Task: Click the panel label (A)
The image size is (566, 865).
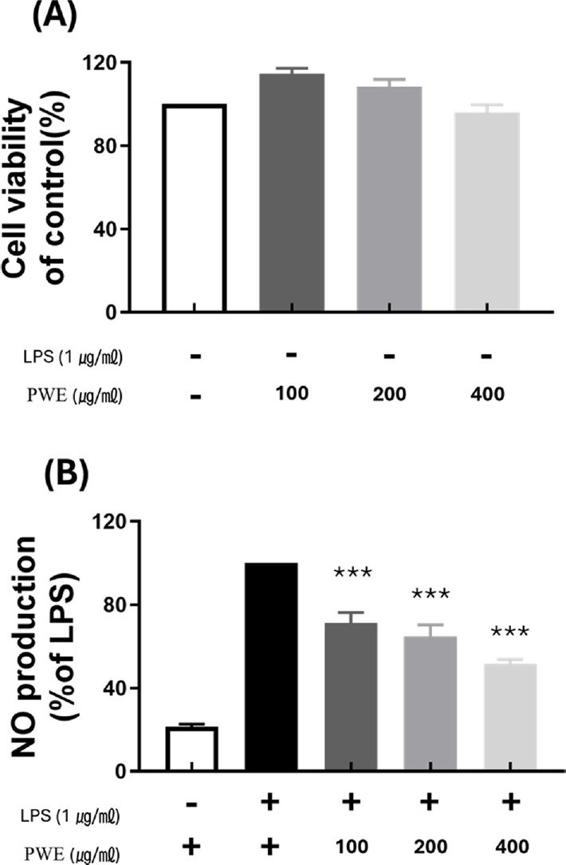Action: click(x=41, y=17)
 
